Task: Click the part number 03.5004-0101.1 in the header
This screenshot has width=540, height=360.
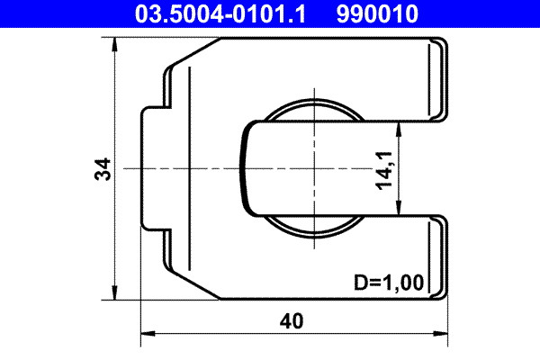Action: [220, 13]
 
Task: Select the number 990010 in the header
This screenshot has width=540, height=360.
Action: [377, 13]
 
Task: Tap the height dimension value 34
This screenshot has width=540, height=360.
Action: [104, 168]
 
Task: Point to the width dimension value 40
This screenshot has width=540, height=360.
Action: [292, 319]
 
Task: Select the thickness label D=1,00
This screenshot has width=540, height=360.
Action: [387, 283]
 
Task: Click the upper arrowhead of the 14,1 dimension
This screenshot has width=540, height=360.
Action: [400, 128]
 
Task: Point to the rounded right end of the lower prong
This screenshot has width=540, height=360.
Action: [442, 257]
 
